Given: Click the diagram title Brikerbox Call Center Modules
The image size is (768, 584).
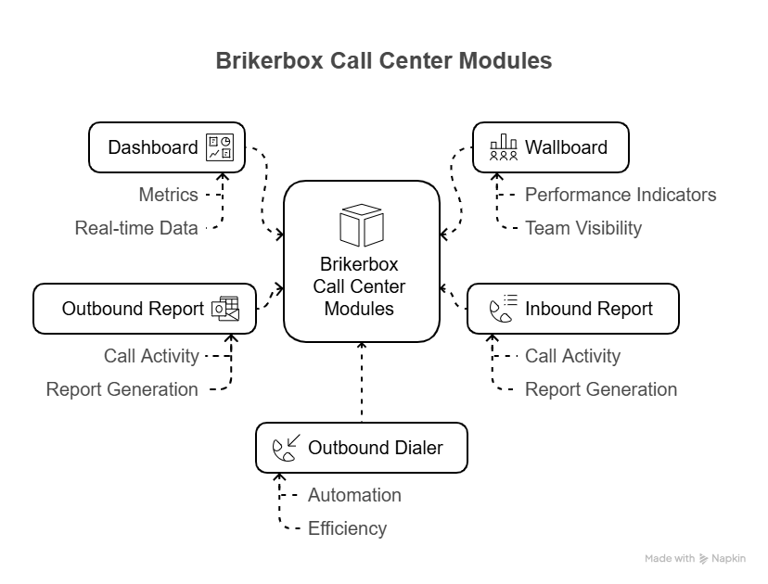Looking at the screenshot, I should [383, 61].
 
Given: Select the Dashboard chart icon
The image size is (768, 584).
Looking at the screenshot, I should [220, 147].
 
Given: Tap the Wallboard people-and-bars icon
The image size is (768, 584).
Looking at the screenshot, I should [504, 147].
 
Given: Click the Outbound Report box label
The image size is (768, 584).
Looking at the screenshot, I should [133, 309].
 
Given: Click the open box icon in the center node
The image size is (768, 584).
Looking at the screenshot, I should [362, 225].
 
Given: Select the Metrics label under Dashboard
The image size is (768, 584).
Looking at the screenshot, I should [168, 195].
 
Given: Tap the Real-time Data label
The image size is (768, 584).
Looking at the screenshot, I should [136, 228].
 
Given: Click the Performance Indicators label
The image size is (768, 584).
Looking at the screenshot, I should [621, 195].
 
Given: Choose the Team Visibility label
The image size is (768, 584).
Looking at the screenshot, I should [583, 228].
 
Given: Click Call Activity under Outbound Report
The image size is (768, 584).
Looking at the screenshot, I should [151, 356].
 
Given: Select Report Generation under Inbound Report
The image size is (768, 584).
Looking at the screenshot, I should [601, 389].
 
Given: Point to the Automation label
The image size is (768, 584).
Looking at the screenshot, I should [354, 495].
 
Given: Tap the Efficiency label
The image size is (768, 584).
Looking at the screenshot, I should [347, 528].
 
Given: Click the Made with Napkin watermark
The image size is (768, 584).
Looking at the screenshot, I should [695, 559].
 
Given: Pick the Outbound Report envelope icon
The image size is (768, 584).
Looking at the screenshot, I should [225, 309].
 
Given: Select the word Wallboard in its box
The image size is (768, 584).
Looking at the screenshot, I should [566, 147].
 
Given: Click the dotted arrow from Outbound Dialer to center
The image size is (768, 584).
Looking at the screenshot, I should [362, 385].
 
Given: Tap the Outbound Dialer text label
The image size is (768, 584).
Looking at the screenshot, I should [376, 449].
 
